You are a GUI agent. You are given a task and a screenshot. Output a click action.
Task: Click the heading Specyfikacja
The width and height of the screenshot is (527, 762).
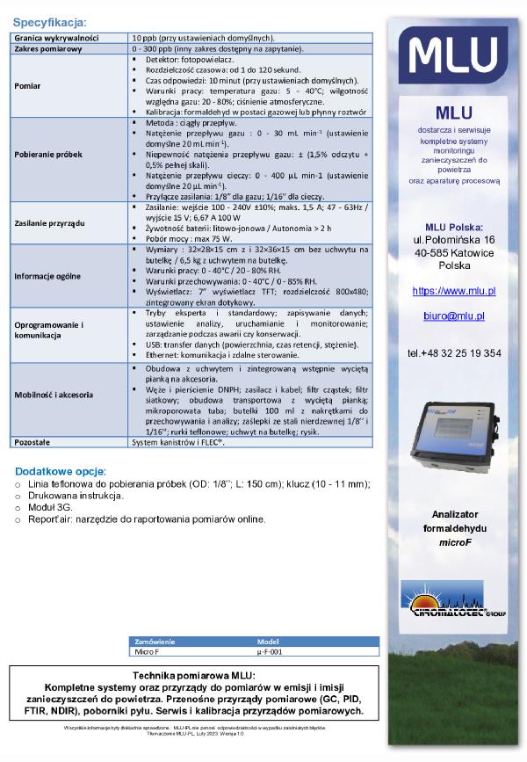click(50, 22)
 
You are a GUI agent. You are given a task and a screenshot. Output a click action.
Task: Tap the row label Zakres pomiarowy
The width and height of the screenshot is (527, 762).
click(47, 49)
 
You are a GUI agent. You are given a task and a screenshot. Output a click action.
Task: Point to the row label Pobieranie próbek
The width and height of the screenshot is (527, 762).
click(49, 154)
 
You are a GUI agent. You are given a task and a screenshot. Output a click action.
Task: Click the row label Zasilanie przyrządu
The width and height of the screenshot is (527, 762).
click(50, 224)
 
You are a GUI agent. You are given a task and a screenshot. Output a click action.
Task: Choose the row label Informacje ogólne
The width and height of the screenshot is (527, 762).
click(48, 275)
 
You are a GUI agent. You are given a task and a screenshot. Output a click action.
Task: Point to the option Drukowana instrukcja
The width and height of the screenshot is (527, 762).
click(76, 496)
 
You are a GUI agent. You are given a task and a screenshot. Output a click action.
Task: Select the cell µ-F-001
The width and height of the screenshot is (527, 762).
click(269, 652)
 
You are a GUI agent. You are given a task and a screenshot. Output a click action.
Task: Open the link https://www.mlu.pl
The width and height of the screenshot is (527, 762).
click(454, 291)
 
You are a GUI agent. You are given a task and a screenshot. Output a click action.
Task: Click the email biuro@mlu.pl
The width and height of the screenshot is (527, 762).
click(453, 316)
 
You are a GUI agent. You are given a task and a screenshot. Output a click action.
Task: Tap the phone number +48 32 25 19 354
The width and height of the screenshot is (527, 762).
click(454, 352)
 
